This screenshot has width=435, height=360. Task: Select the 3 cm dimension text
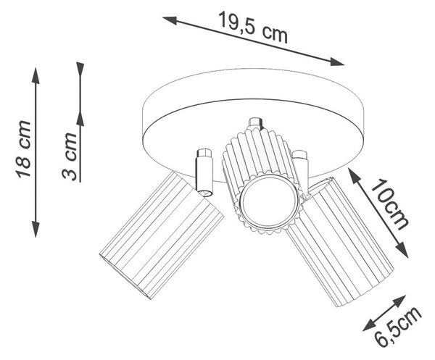70,156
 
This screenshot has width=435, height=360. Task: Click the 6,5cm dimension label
398,327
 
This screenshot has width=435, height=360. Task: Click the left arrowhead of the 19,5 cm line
170,20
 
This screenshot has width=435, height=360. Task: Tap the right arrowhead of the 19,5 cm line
337,62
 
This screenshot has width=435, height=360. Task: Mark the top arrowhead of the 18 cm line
36,75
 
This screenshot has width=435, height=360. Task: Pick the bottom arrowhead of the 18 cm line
36,229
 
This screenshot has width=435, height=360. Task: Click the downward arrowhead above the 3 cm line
80,70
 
